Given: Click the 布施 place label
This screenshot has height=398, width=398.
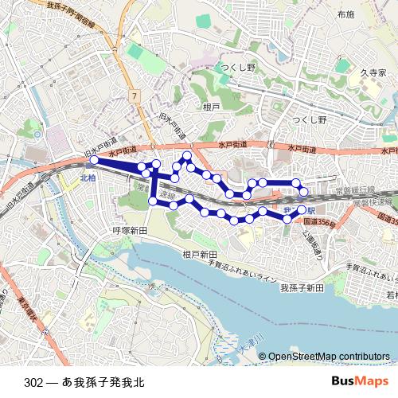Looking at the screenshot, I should coord(345,15).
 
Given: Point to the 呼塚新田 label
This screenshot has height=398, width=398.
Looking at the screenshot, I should coord(131,230).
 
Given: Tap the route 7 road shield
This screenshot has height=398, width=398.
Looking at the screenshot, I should coord(135,95).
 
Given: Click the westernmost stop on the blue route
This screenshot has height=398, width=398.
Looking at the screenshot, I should coord(93,160).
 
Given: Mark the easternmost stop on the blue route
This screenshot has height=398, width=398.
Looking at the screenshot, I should coord(303,191).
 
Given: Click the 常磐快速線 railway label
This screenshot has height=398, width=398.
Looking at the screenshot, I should coord(373,202).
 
